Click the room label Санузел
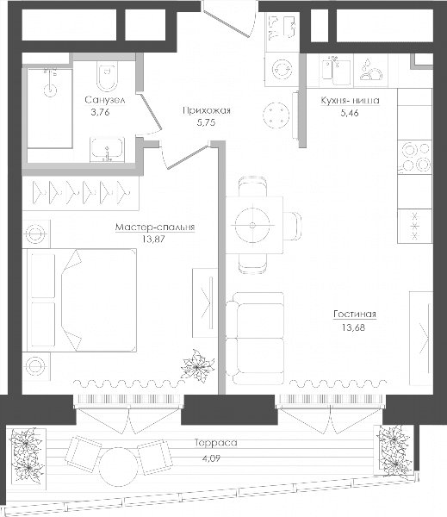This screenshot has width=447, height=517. click(x=105, y=100)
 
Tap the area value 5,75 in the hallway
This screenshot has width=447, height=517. click(x=206, y=122)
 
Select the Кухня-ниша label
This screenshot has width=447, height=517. click(x=350, y=100)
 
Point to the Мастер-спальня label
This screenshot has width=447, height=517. click(x=155, y=227)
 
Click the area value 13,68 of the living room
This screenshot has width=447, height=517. click(x=354, y=327)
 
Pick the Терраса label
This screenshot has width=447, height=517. click(x=216, y=443)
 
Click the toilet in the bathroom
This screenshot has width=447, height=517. click(x=108, y=76)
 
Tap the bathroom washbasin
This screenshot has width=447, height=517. click(x=107, y=149)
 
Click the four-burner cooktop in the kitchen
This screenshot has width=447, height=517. click(x=414, y=158)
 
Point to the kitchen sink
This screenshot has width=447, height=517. click(x=336, y=71)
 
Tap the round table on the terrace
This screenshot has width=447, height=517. click(x=118, y=467)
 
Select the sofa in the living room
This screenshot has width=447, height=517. click(x=255, y=339)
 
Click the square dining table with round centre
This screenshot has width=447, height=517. click(x=254, y=225)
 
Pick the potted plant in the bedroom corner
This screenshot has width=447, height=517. click(x=198, y=366)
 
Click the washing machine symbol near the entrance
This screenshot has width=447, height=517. click(x=282, y=69)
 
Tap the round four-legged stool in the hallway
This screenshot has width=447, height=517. click(x=276, y=115)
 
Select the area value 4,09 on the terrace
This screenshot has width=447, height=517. click(x=211, y=458)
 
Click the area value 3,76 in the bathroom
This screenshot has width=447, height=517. click(x=100, y=112)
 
